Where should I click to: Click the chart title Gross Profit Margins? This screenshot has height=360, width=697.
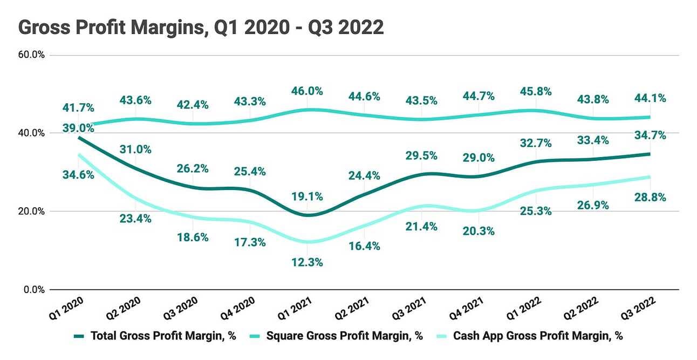[201, 27]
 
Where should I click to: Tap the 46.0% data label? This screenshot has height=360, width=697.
[307, 91]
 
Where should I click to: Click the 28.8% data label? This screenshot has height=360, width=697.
[650, 197]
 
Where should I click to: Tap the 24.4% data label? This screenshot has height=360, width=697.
[365, 175]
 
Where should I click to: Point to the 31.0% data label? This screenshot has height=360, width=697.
[136, 150]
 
